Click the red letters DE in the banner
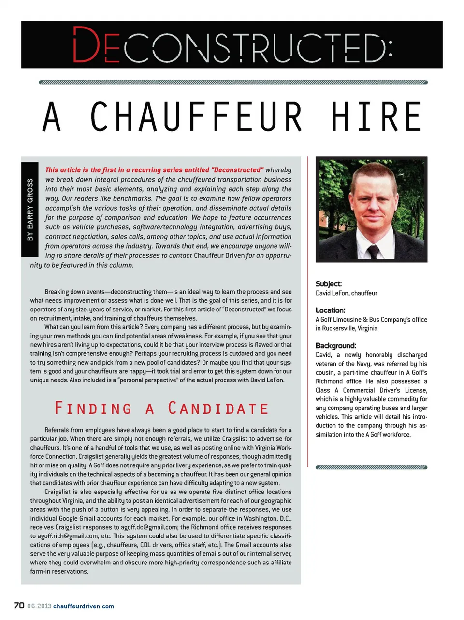coord(96,45)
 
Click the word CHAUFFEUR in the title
coord(196,117)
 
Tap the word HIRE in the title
coord(377,117)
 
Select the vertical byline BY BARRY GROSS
coord(30,210)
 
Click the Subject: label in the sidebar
coord(329,284)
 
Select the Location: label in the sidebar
coord(330,310)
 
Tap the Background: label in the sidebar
coord(335,345)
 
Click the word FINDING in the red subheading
coord(93,409)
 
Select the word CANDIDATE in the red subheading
coord(218,409)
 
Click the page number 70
coord(19,606)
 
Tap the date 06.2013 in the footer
coord(39,606)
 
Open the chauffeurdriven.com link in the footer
coord(84,606)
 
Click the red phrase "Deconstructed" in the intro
coord(237,170)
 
